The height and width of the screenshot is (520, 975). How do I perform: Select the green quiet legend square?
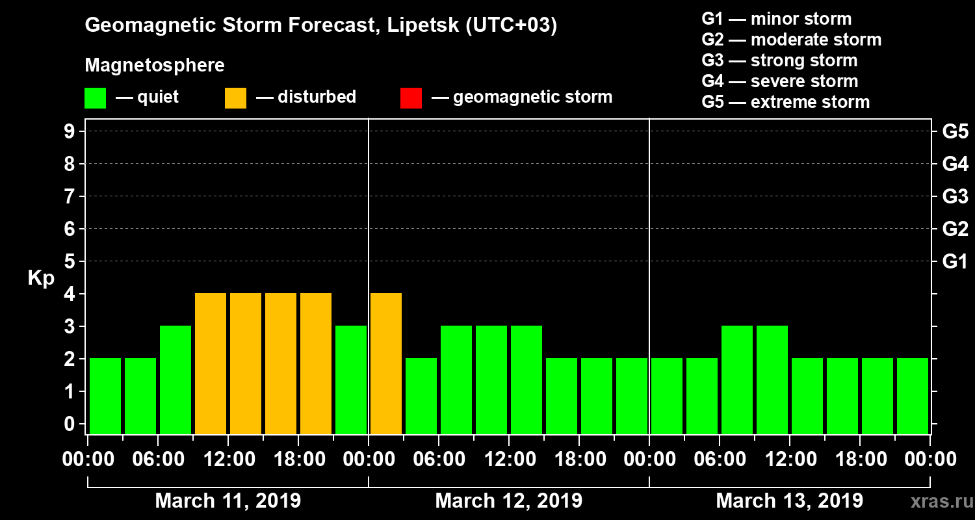coord(95,98)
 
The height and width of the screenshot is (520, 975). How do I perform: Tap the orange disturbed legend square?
coord(235,98)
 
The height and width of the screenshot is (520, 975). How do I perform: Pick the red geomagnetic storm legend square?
coord(411,98)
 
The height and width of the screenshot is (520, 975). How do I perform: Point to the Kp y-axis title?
coord(41,278)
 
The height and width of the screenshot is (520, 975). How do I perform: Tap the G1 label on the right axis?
coord(955,262)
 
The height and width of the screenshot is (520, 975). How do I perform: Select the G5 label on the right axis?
coord(955,132)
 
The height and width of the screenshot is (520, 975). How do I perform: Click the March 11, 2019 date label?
coord(227,501)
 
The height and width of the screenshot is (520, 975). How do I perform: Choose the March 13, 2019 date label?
coord(789,501)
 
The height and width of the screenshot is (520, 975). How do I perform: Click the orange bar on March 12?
coord(386,363)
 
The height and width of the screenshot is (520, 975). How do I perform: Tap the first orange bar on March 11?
coord(211,363)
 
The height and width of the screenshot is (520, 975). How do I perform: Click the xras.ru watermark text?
coord(939,501)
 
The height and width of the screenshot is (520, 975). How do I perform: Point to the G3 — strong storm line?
coord(779,60)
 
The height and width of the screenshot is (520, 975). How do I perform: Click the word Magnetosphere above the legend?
coord(155,66)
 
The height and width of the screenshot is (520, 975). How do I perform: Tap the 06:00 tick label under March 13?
coord(720,460)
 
